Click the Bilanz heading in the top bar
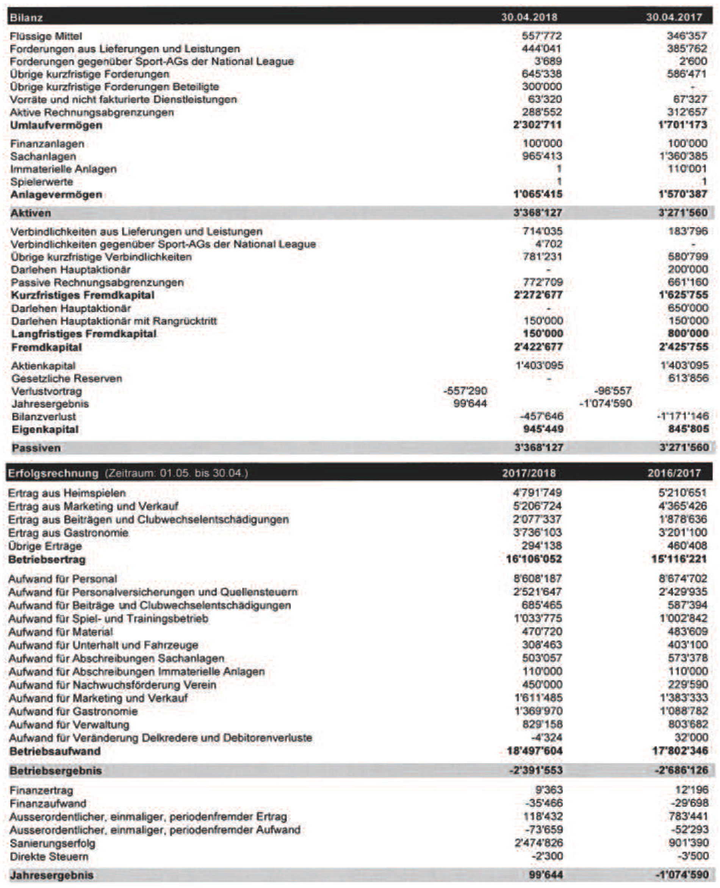26,17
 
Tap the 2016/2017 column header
674,473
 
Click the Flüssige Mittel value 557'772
541,36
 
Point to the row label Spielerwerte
41,181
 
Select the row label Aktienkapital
43,366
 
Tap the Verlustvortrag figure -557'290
465,391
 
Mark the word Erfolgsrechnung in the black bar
53,474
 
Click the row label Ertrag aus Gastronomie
69,533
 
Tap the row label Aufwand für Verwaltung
69,725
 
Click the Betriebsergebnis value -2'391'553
536,770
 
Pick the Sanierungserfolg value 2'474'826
538,843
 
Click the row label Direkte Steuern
49,857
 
